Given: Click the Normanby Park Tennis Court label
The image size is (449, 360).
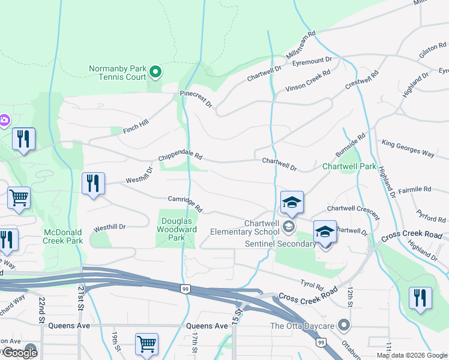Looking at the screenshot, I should tap(118, 73).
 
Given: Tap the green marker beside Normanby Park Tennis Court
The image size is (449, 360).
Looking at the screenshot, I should tap(155, 73).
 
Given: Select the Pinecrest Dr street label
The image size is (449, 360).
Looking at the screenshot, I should tap(196, 99).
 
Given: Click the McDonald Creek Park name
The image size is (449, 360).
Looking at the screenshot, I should tap(63, 236).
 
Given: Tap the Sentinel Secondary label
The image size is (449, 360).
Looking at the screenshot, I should tap(280, 244).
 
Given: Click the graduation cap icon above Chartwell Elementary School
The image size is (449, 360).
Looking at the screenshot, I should tap(292, 202).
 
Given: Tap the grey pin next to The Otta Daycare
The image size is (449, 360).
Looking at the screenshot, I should tap(344, 325).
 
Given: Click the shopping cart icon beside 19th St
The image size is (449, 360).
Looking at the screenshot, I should tap(146, 344).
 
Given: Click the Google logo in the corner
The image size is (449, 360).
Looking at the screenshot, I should tap(20, 353).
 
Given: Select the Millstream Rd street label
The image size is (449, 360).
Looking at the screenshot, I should tap(301, 45).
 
